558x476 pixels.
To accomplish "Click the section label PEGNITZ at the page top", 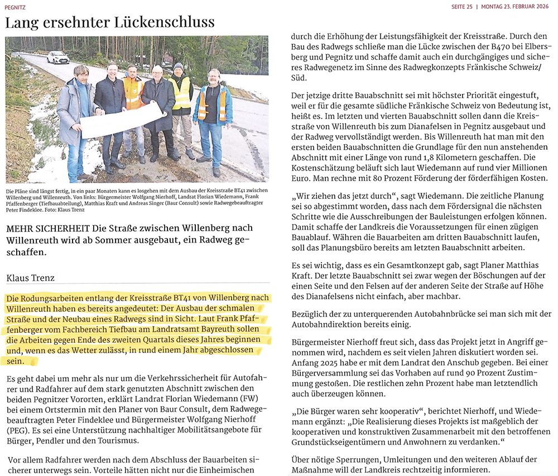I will pos(15,7).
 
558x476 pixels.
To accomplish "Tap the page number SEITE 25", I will pos(461,7).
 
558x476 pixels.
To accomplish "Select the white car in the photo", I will pos(58,57).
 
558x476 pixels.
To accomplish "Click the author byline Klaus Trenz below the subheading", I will pos(28,277).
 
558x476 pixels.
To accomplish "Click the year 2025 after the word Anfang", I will pos(333,362).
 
